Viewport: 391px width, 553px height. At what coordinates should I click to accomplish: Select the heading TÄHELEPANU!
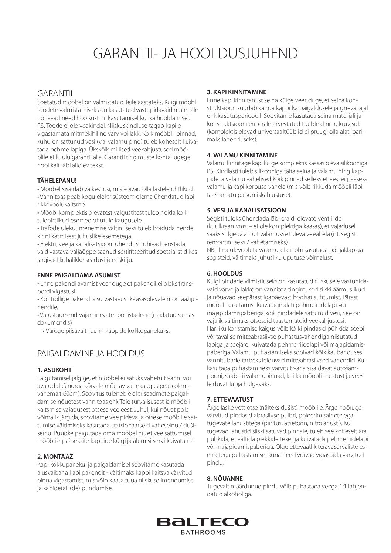point(57,181)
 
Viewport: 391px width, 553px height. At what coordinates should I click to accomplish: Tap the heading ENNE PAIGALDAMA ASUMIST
point(79,275)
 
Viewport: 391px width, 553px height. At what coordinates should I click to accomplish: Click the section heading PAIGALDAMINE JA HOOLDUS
point(91,353)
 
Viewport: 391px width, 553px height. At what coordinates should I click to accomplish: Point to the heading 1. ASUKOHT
point(55,370)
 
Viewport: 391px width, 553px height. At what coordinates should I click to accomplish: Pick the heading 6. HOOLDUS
point(225,273)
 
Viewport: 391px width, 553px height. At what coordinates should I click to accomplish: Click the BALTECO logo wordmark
point(203,521)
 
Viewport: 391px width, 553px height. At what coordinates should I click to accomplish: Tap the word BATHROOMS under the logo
point(203,533)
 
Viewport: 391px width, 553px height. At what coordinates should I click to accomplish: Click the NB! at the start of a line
point(212,250)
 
